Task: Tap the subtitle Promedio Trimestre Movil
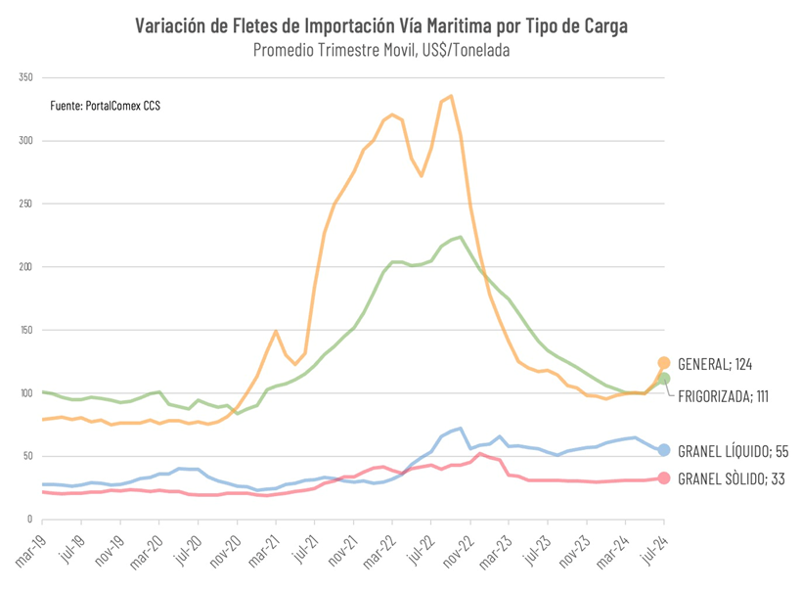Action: pyautogui.click(x=380, y=49)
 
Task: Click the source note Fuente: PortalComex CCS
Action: pyautogui.click(x=106, y=105)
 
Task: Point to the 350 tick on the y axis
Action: pyautogui.click(x=26, y=77)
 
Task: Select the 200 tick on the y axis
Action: pyautogui.click(x=26, y=267)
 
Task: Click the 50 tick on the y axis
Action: pyautogui.click(x=28, y=457)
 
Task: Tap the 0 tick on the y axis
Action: pyautogui.click(x=31, y=520)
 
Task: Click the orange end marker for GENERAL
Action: pyautogui.click(x=663, y=363)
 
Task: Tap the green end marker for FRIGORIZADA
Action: pyautogui.click(x=663, y=379)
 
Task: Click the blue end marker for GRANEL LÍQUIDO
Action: pyautogui.click(x=663, y=450)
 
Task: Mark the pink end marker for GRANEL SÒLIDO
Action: pyautogui.click(x=663, y=477)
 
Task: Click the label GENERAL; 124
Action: pyautogui.click(x=714, y=364)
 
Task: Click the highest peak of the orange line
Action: pyautogui.click(x=450, y=96)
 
